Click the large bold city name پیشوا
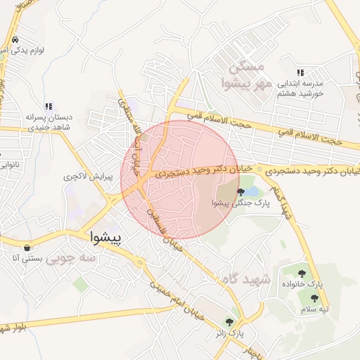(107, 238)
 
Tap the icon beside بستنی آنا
(27, 247)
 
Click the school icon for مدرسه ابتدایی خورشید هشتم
(300, 72)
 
